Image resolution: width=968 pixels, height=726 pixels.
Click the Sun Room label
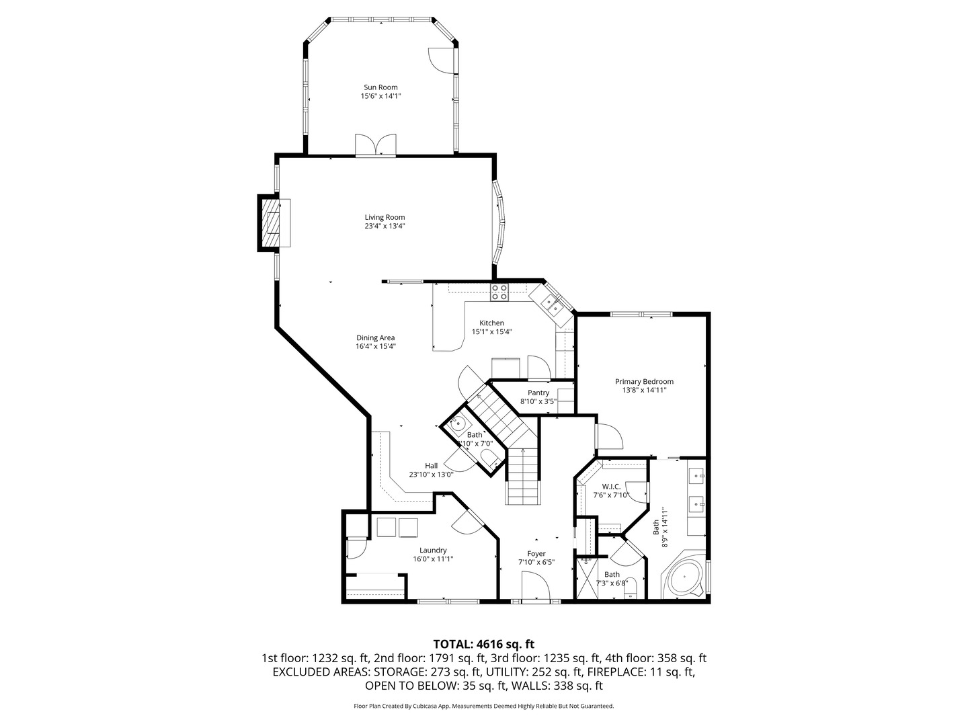coord(380,87)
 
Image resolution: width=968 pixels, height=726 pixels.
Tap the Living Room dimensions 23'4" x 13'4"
coord(385,227)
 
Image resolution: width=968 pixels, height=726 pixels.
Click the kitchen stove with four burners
coord(499,292)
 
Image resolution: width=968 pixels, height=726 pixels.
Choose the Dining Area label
coord(375,338)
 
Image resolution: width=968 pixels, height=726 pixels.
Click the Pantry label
coord(538,393)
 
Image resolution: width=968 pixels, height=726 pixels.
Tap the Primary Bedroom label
coord(643,382)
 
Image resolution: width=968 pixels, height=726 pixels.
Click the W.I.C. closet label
coord(611,487)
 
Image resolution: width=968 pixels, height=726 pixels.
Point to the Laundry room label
coord(433,551)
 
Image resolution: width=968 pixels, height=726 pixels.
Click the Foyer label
coord(536,554)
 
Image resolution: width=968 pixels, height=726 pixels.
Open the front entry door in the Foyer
coord(536,586)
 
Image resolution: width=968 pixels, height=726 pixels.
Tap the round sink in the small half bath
coord(458,424)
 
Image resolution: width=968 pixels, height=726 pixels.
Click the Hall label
coord(431,466)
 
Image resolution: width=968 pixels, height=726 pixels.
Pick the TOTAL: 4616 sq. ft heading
coord(483,644)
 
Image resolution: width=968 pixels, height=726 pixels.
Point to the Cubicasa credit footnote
coord(483,707)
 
